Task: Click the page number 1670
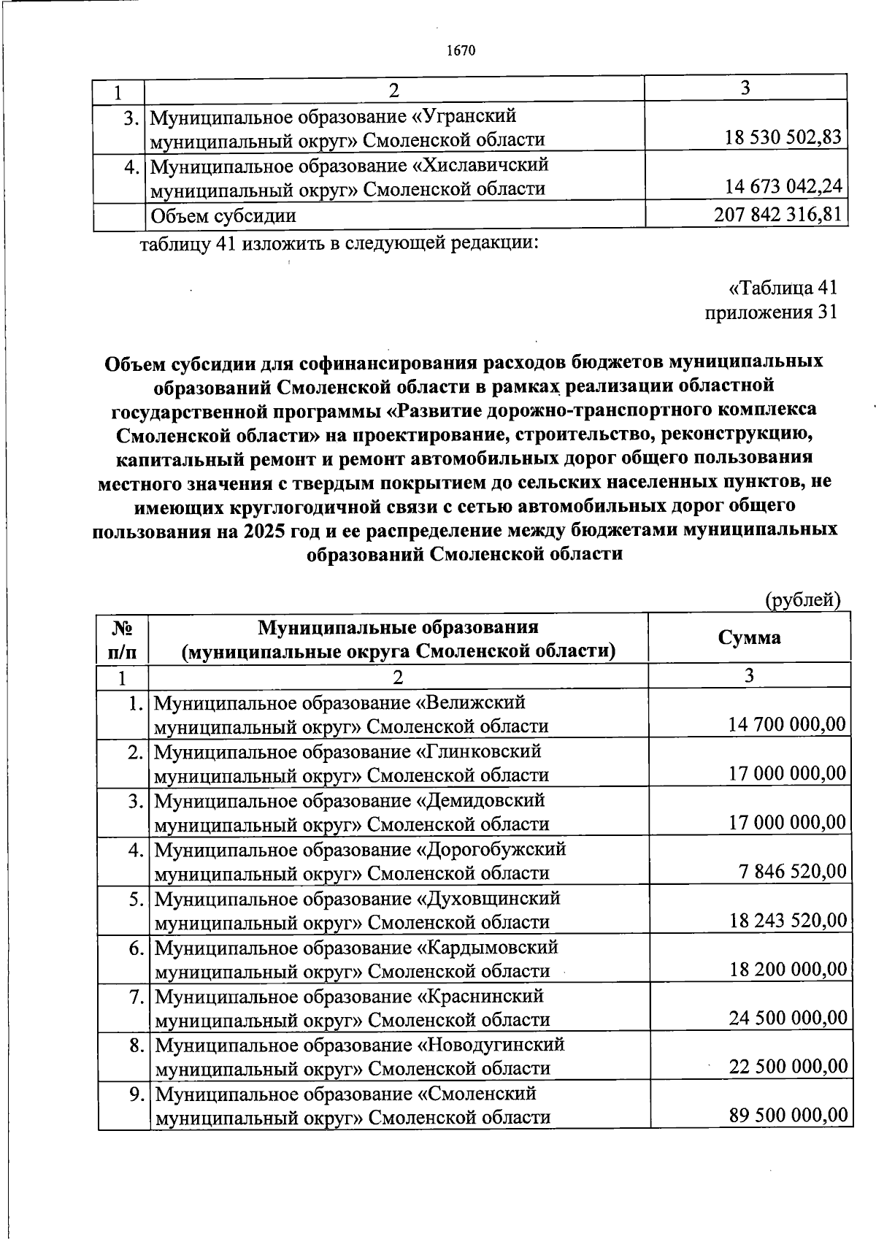(461, 50)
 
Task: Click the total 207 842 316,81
(777, 214)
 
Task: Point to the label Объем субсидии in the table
(223, 215)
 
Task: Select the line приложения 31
(771, 312)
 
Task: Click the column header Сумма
(749, 637)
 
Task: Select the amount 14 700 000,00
(787, 724)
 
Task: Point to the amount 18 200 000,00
(788, 969)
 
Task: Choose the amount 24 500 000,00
(788, 1018)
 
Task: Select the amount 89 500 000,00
(788, 1116)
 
